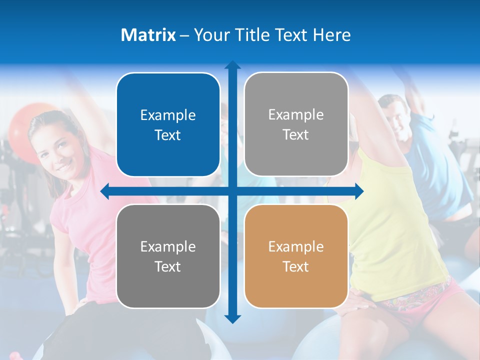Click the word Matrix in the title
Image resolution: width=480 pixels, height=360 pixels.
pos(148,34)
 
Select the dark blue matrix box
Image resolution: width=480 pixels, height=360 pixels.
pos(168,124)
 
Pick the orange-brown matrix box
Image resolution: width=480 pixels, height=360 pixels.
pos(296,256)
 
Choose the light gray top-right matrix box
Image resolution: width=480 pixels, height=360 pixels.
pos(296,124)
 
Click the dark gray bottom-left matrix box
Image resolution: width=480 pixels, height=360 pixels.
pos(168,256)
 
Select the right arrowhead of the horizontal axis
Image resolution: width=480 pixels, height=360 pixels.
pos(358,191)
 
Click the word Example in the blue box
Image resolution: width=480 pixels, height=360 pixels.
pos(168,115)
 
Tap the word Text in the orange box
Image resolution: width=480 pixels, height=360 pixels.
pos(296,266)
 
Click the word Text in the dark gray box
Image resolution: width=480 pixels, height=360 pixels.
pos(168,266)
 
